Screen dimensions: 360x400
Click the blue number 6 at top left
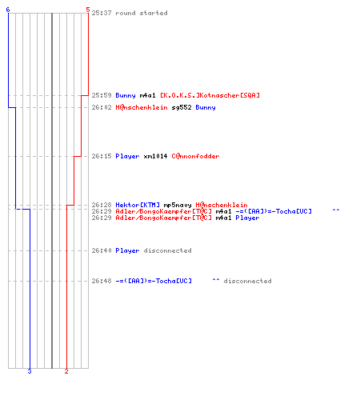(8, 10)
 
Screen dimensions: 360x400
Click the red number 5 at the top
(88, 10)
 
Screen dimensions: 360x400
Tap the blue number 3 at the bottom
(30, 371)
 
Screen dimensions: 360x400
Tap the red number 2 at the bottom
(66, 371)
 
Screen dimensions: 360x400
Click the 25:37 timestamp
(102, 13)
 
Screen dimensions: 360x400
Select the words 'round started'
(142, 13)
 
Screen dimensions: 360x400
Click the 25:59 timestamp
(102, 95)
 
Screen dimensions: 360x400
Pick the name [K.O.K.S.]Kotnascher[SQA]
(210, 95)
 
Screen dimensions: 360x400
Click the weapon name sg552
(182, 107)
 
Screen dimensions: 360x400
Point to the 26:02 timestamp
(102, 107)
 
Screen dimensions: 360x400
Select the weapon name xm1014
(155, 156)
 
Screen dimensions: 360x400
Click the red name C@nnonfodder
(195, 156)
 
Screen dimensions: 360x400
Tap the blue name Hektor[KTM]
(138, 205)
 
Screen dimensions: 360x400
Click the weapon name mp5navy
(178, 205)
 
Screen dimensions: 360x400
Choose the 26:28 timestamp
(102, 205)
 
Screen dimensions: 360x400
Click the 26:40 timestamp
(102, 250)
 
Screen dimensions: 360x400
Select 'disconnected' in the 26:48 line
(247, 281)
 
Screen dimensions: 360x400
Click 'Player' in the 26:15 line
(127, 156)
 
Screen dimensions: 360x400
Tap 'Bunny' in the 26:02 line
(206, 107)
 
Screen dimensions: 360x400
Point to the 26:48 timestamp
(102, 281)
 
